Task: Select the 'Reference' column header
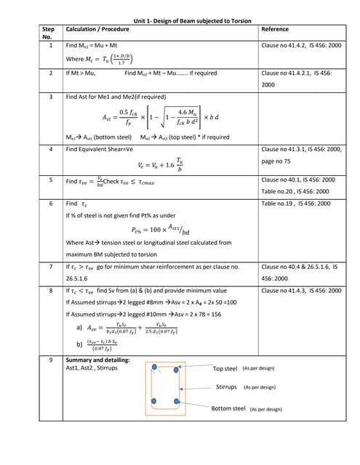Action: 274,30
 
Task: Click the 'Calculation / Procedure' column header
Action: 97,30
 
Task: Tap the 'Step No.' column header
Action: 49,33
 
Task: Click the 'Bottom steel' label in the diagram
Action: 228,408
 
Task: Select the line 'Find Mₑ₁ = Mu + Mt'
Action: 92,45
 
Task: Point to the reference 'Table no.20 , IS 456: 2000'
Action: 297,191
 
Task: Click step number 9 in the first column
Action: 49,360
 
